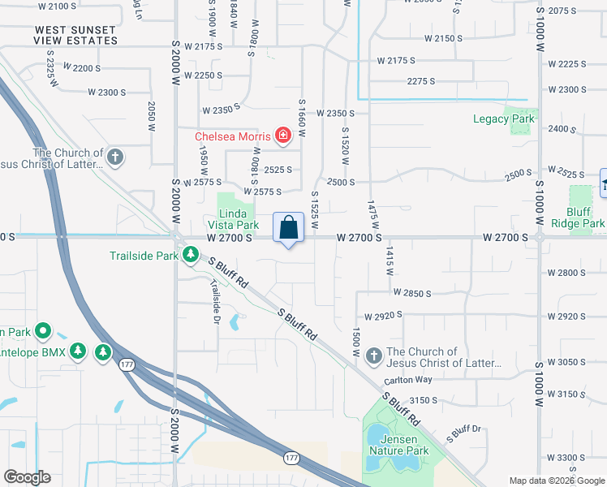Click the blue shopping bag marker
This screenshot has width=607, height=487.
(x=289, y=228)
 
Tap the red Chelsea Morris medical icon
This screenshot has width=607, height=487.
(x=283, y=136)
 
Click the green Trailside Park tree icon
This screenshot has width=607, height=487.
(x=191, y=256)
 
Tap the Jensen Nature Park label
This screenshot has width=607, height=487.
(x=398, y=444)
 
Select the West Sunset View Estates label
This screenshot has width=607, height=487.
(x=75, y=34)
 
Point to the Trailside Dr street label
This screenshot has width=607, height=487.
(x=215, y=298)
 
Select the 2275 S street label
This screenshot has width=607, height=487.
(x=421, y=81)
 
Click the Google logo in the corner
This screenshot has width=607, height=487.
(x=27, y=477)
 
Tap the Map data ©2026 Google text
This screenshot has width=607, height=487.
(x=557, y=481)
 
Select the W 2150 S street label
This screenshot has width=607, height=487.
(x=438, y=39)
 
